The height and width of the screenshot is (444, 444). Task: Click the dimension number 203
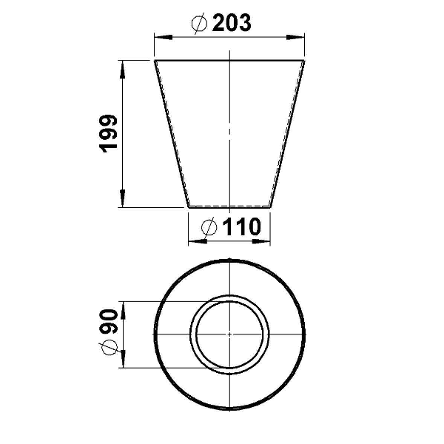point(232,22)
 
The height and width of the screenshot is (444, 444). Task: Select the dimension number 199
point(108,134)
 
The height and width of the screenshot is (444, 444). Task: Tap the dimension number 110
point(241,226)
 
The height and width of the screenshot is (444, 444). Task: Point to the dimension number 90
point(108,322)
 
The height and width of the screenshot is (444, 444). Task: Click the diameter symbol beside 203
point(199,23)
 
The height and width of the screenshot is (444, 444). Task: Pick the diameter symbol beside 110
point(209,227)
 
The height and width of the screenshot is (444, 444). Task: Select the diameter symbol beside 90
point(108,348)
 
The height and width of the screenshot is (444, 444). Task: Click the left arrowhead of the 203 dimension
point(164,37)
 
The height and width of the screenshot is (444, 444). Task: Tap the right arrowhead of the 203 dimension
point(295,37)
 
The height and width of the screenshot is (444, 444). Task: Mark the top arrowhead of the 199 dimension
point(122,70)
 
